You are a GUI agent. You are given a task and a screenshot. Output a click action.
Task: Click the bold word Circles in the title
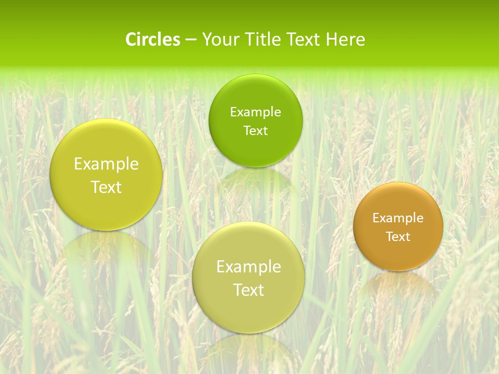tap(152, 39)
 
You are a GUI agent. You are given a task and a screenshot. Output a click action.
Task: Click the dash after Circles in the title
tap(191, 40)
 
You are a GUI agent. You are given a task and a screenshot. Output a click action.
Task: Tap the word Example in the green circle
tap(255, 112)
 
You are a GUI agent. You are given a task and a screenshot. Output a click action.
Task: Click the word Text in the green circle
tap(255, 130)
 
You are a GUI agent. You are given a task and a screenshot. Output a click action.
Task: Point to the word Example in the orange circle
tap(398, 218)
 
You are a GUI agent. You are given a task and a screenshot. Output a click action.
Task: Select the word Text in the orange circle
tap(398, 237)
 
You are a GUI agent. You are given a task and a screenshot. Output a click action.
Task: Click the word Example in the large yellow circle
tap(106, 164)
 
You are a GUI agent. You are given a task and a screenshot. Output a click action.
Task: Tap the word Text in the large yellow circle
tap(106, 187)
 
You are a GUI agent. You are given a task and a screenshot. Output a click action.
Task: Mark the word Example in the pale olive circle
tap(248, 267)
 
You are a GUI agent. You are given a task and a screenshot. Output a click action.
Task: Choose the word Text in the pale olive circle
tap(248, 290)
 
